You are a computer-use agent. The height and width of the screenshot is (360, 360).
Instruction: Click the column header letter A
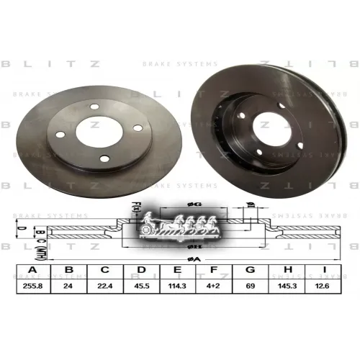(x=31, y=271)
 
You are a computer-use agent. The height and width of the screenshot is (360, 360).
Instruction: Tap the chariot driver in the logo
(x=150, y=217)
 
